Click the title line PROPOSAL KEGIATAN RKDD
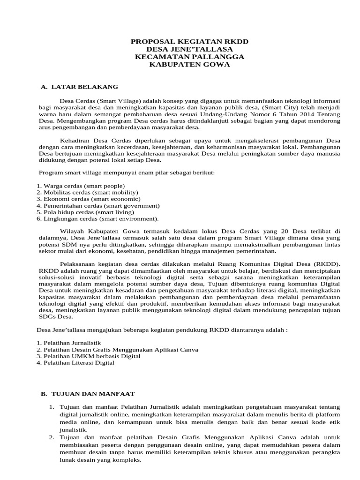point(189,42)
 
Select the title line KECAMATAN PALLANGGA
point(189,57)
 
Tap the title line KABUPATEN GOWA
point(189,65)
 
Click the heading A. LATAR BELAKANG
point(80,87)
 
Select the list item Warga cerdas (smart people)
point(81,186)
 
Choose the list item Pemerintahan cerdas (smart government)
point(98,206)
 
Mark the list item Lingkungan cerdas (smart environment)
point(97,219)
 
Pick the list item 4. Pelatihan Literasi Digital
point(75,363)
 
